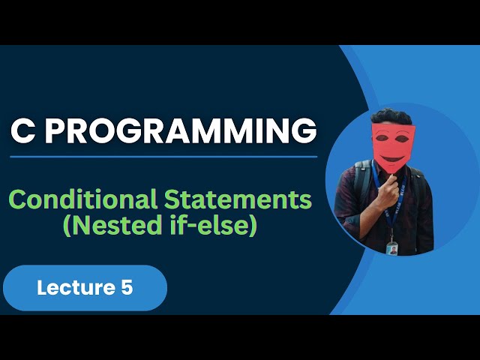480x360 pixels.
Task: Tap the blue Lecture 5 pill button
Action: tap(85, 287)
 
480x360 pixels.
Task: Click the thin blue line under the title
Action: tap(163, 157)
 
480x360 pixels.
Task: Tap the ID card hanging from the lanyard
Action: tap(391, 247)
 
